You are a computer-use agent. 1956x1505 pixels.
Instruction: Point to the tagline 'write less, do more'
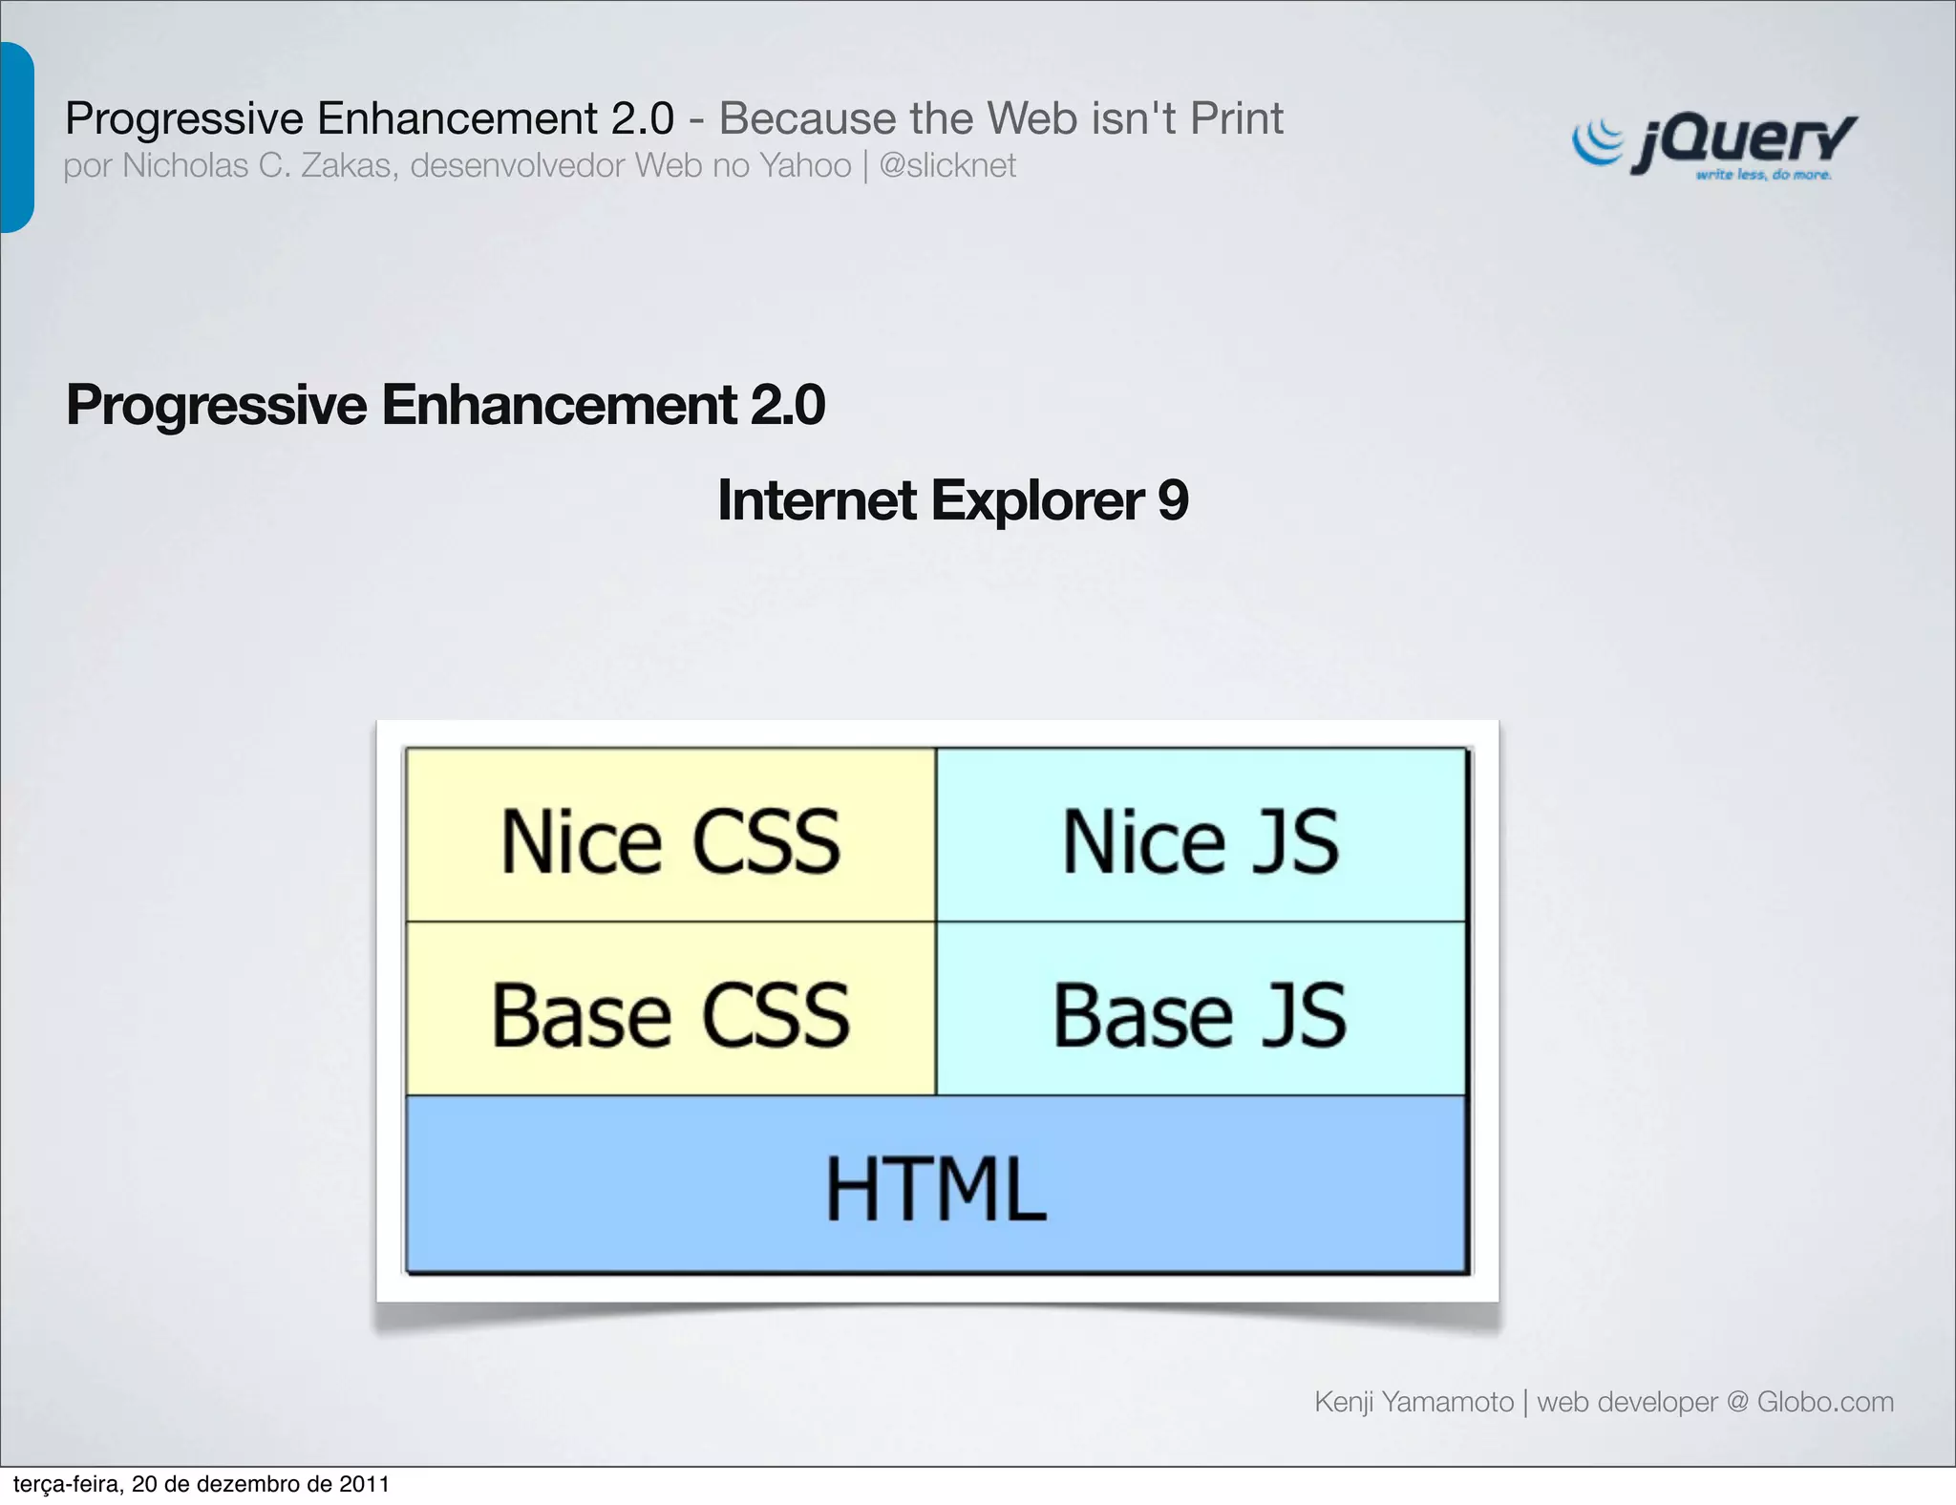(x=1763, y=176)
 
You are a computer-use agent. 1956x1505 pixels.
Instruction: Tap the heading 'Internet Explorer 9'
(x=952, y=500)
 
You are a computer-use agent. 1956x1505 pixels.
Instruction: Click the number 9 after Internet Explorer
(x=1173, y=500)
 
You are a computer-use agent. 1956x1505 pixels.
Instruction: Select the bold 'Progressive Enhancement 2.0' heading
(x=445, y=405)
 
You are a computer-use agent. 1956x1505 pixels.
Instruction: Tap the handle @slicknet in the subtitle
(x=946, y=166)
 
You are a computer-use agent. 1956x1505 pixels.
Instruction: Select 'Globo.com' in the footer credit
(x=1824, y=1402)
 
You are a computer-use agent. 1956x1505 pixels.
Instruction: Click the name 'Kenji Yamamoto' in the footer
(x=1414, y=1402)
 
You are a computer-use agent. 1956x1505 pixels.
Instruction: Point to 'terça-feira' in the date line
(x=67, y=1485)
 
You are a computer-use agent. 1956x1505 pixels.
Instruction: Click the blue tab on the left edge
(x=16, y=138)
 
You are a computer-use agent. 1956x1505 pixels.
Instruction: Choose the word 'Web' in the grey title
(x=1048, y=118)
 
